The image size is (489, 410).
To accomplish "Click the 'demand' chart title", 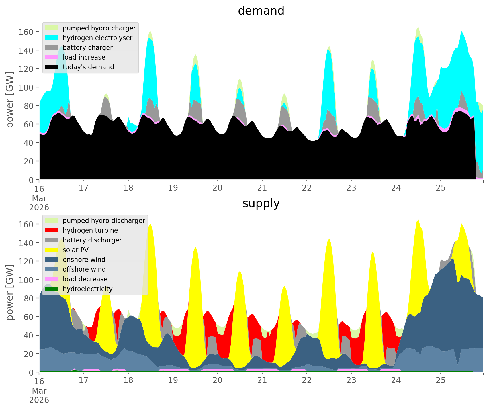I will pos(261,11).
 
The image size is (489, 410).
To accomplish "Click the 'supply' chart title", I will pos(261,203).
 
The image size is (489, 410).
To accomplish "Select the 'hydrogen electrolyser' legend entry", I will pos(97,38).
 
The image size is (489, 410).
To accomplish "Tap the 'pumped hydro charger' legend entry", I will pos(99,28).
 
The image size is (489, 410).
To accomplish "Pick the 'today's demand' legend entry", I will pos(88,67).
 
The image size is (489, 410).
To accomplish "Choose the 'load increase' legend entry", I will pos(84,57).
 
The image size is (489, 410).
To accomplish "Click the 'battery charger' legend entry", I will pos(88,48).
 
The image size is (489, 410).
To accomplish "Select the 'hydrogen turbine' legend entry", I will pos(90,230).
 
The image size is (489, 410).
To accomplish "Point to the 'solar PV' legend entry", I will pos(76,250).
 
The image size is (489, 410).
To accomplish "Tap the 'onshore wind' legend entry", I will pos(84,260).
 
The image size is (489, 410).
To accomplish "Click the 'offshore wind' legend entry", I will pos(84,269).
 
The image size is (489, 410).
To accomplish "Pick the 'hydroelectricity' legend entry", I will pos(88,289).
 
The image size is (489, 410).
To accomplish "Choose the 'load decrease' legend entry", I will pos(85,279).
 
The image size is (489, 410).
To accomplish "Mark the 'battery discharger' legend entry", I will pos(92,240).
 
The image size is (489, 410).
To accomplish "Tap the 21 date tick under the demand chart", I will pos(262,188).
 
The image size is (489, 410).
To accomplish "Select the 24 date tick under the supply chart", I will pos(396,380).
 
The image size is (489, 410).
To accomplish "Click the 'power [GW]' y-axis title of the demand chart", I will pos(10,100).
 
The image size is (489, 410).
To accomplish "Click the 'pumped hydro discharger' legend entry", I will pos(104,221).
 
